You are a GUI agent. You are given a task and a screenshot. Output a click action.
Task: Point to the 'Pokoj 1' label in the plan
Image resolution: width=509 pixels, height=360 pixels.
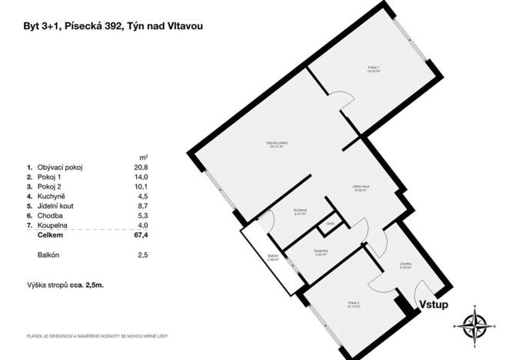pos(374,69)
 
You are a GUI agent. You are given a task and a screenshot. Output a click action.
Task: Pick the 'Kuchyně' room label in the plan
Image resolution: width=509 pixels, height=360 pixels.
pos(300,212)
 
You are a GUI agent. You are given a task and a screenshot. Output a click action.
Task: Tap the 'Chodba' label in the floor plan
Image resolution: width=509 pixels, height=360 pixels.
pos(406,266)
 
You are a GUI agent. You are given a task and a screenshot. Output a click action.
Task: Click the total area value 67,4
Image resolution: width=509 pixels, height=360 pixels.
pos(141,237)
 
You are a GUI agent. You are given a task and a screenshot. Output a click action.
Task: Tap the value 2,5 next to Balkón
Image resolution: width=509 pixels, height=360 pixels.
pos(142,255)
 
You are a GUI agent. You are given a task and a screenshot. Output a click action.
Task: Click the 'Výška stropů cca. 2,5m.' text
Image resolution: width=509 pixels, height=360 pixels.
pos(65,285)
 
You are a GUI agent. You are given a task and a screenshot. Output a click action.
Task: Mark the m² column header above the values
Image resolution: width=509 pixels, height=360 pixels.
pos(143,157)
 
